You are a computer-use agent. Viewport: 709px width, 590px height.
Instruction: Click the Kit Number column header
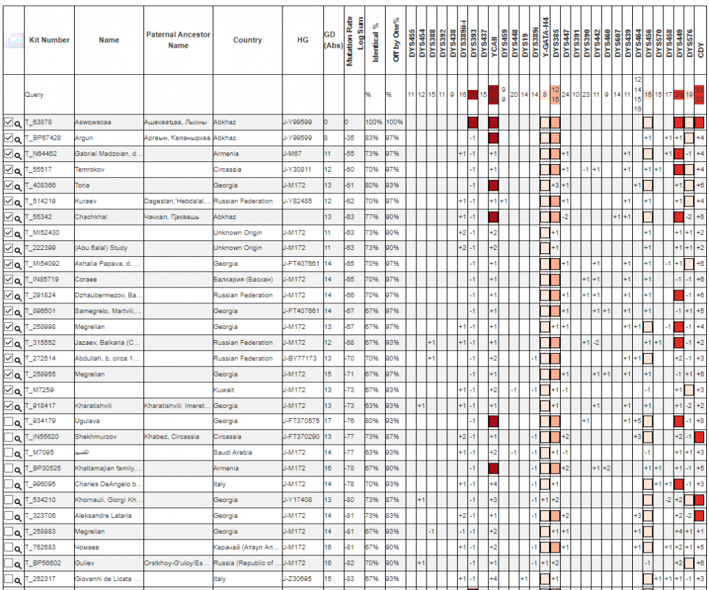pyautogui.click(x=48, y=40)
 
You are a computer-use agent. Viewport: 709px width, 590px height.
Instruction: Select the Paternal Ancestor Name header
pyautogui.click(x=178, y=40)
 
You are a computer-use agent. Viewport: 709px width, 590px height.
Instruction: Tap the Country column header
pyautogui.click(x=247, y=40)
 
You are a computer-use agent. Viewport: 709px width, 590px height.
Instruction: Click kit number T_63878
pyautogui.click(x=42, y=123)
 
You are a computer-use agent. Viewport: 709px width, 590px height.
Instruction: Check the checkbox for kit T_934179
pyautogui.click(x=8, y=421)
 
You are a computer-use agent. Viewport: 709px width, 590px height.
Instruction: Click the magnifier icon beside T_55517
pyautogui.click(x=19, y=170)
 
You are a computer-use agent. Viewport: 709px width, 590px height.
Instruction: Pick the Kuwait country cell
pyautogui.click(x=224, y=390)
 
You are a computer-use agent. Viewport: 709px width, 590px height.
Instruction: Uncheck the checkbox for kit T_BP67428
pyautogui.click(x=8, y=138)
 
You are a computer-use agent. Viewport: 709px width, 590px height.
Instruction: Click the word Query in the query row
pyautogui.click(x=34, y=94)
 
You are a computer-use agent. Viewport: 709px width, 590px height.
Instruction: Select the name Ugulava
pyautogui.click(x=88, y=421)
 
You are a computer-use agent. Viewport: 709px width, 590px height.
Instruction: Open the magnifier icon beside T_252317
pyautogui.click(x=19, y=579)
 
